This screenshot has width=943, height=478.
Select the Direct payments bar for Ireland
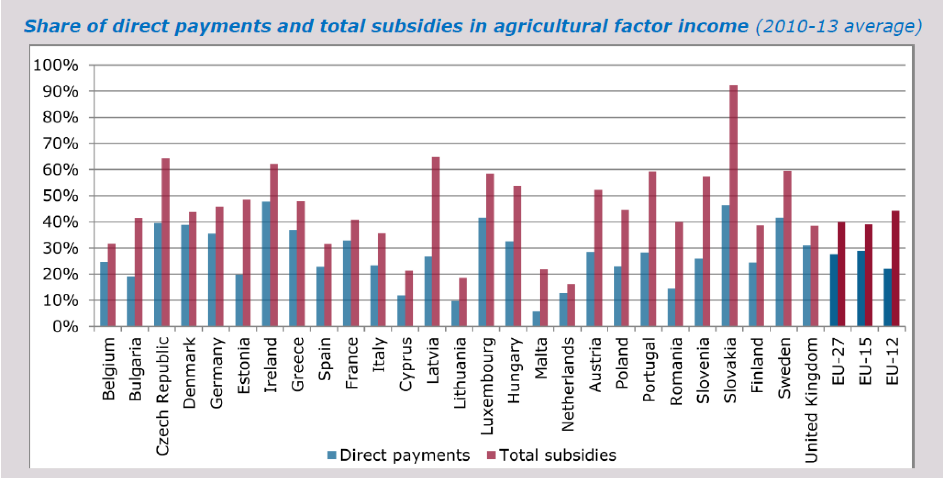(x=266, y=264)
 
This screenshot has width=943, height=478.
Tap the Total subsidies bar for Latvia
(x=436, y=242)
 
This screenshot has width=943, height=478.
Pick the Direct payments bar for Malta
(x=536, y=319)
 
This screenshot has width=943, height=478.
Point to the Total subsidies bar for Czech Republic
(x=166, y=242)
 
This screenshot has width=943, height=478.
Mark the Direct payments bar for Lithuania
(x=455, y=314)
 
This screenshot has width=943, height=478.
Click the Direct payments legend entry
(x=399, y=455)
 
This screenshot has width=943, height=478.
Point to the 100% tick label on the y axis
(x=56, y=66)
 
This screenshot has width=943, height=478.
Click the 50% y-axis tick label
(x=60, y=196)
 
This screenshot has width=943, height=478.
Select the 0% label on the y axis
(x=65, y=326)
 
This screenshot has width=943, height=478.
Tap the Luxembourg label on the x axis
(x=487, y=386)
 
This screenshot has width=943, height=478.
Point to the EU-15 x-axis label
(x=865, y=361)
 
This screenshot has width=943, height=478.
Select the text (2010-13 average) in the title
(x=838, y=26)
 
